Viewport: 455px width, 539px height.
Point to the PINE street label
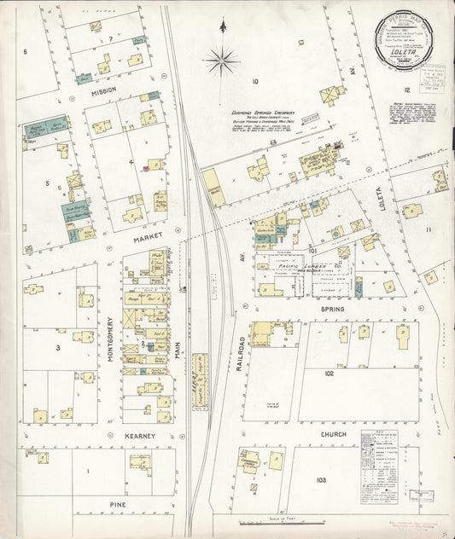(x=118, y=504)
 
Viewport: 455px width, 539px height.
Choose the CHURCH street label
(x=334, y=434)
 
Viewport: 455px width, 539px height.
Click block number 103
(x=320, y=480)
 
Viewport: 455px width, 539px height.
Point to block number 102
(x=329, y=373)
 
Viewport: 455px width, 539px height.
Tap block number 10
(x=254, y=82)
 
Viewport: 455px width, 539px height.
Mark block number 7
(x=111, y=40)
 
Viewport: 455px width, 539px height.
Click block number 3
(x=58, y=348)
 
